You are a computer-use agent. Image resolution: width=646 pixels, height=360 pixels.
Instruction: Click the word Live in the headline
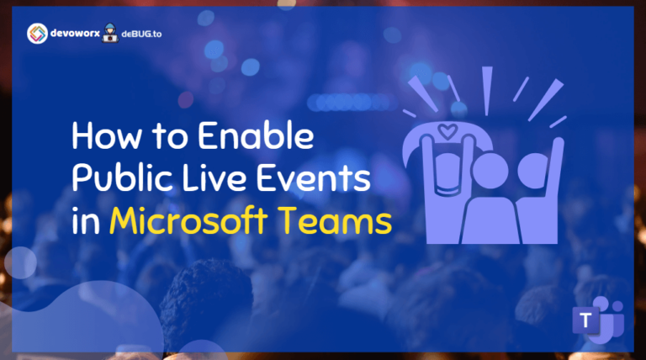204,179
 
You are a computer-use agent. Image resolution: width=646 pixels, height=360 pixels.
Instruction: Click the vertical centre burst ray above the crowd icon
486,87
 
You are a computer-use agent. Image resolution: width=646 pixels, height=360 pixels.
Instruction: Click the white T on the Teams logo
583,321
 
